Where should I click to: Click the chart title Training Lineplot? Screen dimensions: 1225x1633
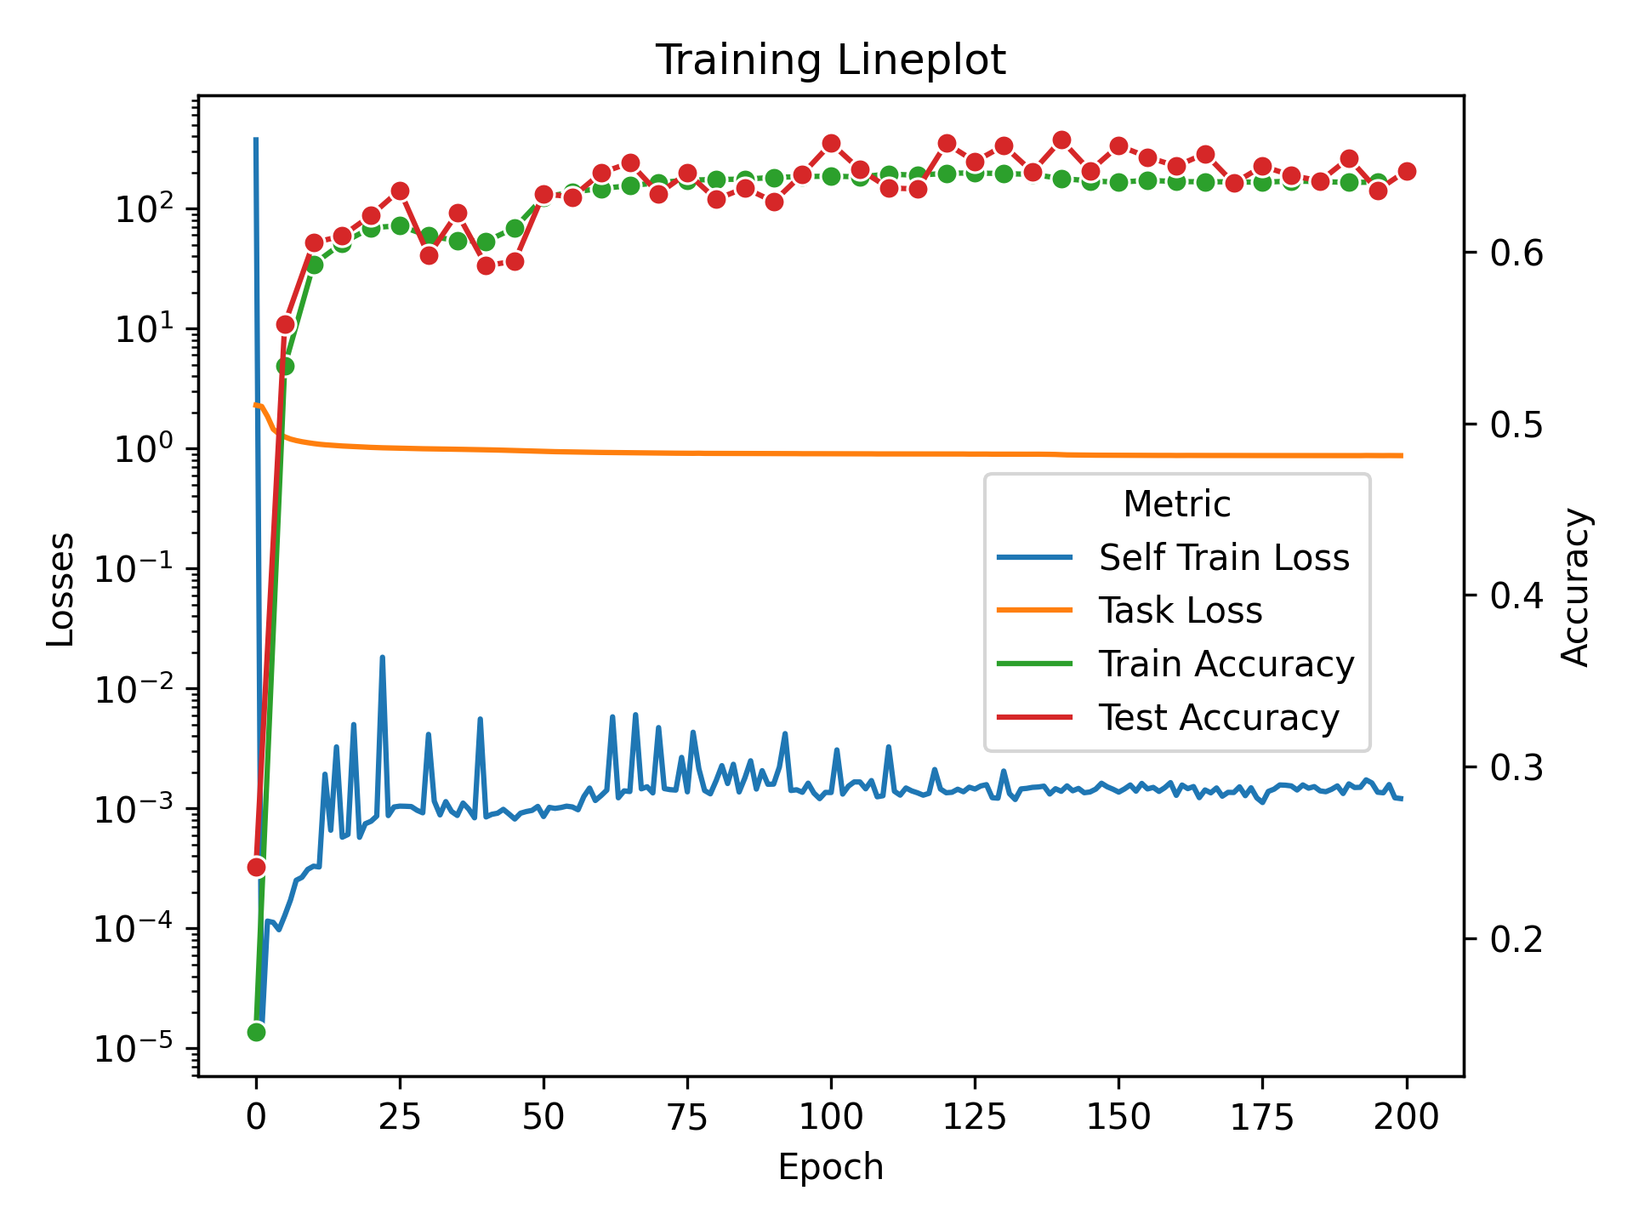(830, 60)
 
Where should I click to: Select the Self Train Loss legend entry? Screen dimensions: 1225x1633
(1223, 558)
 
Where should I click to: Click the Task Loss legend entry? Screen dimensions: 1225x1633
(1180, 611)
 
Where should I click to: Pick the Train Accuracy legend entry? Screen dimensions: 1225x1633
(1226, 664)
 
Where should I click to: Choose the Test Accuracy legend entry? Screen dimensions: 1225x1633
(1218, 718)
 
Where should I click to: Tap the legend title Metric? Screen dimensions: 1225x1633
(1176, 504)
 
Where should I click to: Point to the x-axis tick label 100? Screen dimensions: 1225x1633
(831, 1116)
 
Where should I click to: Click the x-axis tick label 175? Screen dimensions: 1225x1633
(1262, 1116)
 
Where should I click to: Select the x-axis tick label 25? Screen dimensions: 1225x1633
(400, 1116)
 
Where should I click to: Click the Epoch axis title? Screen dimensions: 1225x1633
(830, 1167)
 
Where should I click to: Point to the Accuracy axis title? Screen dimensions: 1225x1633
(1575, 587)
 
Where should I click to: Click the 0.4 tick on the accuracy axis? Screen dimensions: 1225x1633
(1516, 596)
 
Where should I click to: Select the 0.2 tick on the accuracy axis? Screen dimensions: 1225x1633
(1516, 939)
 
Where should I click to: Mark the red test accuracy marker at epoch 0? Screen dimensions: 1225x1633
(256, 867)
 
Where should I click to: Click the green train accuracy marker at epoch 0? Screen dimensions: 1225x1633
(256, 1032)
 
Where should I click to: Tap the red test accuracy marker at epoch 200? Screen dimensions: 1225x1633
(1407, 171)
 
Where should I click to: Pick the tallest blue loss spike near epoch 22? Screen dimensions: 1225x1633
(382, 658)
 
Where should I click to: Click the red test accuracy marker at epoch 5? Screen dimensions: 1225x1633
(286, 324)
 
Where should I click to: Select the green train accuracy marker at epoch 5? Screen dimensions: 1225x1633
(285, 366)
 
